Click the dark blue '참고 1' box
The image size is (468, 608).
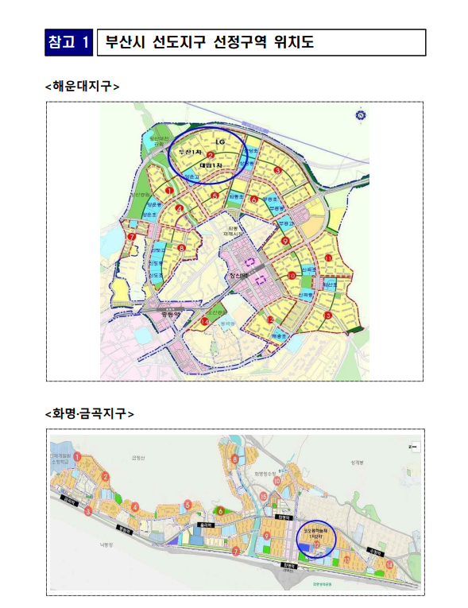pos(69,42)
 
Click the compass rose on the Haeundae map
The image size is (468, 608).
pos(360,116)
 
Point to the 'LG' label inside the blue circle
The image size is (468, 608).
pos(210,142)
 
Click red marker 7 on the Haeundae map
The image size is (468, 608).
pos(133,236)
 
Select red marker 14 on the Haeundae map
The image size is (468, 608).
pos(205,320)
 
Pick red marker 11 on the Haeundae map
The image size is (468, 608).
pos(328,258)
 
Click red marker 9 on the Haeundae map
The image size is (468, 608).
pos(284,240)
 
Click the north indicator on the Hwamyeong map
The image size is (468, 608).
pos(412,447)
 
